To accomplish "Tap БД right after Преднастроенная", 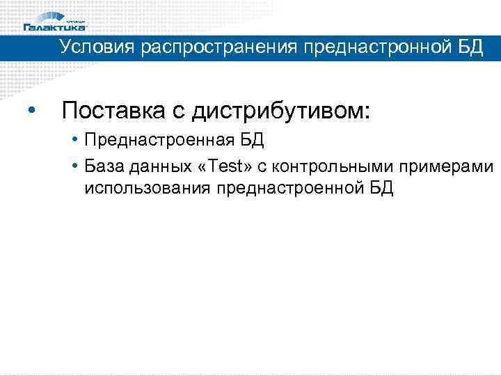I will [x=252, y=141].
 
